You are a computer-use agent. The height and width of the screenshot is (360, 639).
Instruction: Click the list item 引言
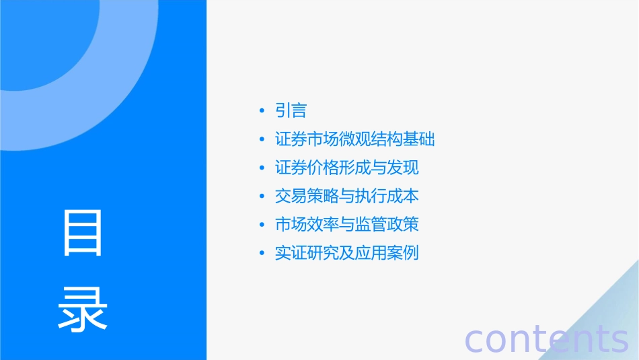(291, 110)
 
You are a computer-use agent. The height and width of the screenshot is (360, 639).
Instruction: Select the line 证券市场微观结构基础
(355, 139)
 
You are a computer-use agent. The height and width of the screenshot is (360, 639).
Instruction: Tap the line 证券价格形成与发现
(347, 168)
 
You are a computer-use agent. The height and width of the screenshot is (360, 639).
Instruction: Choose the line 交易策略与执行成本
(347, 196)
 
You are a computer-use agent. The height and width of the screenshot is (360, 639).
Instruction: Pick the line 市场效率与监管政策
(347, 224)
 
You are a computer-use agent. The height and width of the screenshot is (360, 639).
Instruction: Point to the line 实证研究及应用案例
(347, 253)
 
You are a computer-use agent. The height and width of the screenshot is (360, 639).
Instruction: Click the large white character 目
(83, 233)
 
